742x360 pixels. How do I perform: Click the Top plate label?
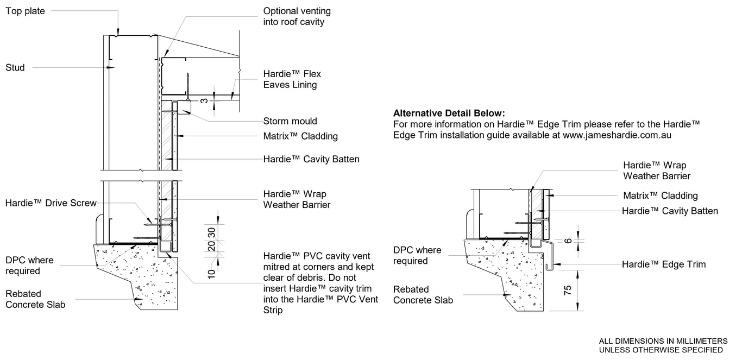click(x=25, y=11)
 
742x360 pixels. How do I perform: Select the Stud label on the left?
click(x=15, y=68)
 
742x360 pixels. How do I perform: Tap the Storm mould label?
click(x=290, y=121)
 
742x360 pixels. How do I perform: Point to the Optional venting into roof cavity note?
click(x=297, y=16)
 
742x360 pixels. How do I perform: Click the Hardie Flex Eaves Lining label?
click(x=292, y=79)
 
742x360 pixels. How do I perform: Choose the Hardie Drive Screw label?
click(x=51, y=203)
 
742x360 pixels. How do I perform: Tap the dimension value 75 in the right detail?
click(x=568, y=290)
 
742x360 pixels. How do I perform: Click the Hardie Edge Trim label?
click(x=664, y=264)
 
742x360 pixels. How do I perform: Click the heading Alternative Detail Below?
click(x=449, y=113)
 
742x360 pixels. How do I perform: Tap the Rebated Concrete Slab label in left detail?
click(x=35, y=299)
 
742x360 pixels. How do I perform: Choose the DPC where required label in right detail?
click(x=417, y=255)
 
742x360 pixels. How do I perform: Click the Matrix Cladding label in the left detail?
click(x=300, y=136)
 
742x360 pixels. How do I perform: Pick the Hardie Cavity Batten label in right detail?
click(x=670, y=211)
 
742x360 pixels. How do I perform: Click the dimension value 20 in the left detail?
click(x=212, y=246)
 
